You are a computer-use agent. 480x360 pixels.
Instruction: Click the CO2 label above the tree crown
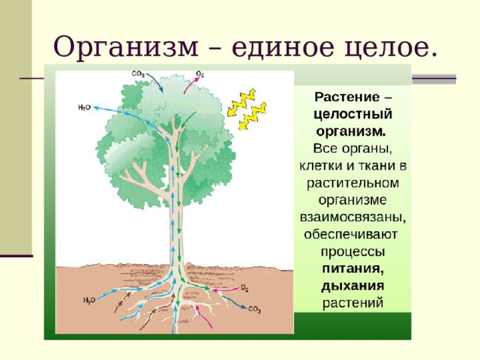[139, 73]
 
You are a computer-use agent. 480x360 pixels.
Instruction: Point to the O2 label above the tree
[200, 73]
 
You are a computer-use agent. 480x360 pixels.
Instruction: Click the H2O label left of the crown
[84, 107]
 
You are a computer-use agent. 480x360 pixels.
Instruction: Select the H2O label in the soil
[88, 300]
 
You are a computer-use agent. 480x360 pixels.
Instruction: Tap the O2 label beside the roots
[245, 288]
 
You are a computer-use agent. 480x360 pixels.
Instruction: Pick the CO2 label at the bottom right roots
[254, 308]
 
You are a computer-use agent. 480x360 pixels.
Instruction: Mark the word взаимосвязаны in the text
[351, 216]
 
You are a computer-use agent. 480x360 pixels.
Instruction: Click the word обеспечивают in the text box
[349, 233]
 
